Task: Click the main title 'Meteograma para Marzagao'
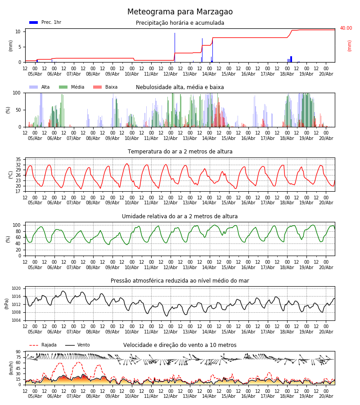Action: (x=180, y=12)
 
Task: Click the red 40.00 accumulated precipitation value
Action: (x=346, y=28)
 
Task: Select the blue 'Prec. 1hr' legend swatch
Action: (x=34, y=22)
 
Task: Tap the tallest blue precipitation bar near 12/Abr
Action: (x=175, y=48)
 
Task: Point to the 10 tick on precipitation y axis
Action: (x=18, y=31)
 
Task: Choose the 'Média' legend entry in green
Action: (x=72, y=87)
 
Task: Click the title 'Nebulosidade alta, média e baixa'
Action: (x=180, y=87)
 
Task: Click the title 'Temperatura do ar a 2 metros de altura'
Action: (x=180, y=152)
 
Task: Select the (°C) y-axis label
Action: (x=11, y=175)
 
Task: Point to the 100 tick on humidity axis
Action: (x=17, y=225)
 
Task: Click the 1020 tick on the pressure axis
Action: (x=16, y=288)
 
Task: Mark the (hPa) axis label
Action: (x=7, y=304)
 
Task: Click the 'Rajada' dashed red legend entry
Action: (x=43, y=345)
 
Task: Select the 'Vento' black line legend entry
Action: (x=77, y=345)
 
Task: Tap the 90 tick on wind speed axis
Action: (x=18, y=352)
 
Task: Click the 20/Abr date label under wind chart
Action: (x=326, y=396)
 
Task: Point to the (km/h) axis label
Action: (x=11, y=368)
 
